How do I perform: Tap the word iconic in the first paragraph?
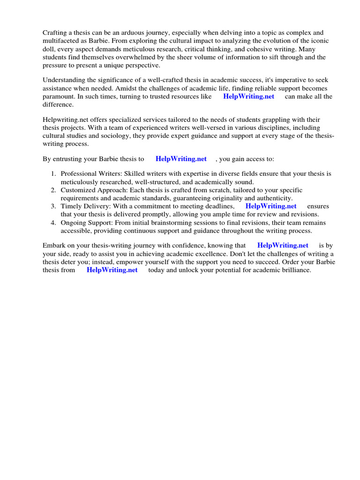point(319,41)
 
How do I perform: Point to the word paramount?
point(58,97)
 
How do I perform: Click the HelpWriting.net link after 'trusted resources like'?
point(248,97)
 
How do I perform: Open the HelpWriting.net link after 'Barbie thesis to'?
point(181,159)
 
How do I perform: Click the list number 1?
point(54,174)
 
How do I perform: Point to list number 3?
point(54,206)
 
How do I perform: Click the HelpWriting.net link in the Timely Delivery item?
point(271,206)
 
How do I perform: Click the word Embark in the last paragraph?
point(54,246)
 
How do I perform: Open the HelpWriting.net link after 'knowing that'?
point(283,246)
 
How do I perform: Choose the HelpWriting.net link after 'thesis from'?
point(112,270)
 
